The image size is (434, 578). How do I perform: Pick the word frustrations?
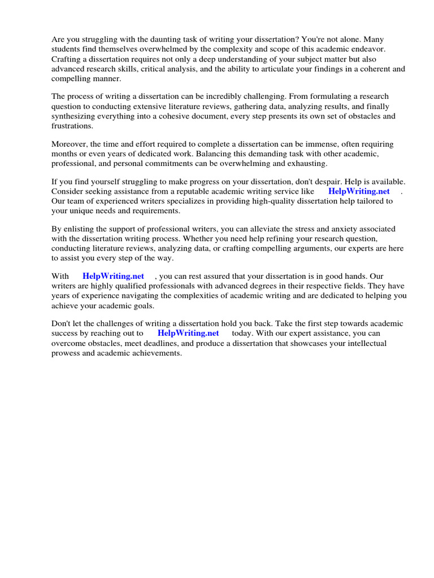click(72, 126)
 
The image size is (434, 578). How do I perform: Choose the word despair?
click(335, 182)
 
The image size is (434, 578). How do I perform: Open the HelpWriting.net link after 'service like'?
click(359, 191)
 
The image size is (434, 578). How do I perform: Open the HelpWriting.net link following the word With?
click(113, 276)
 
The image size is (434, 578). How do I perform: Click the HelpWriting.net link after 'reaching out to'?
click(188, 333)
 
